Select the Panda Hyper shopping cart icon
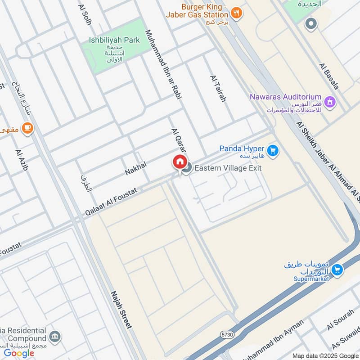(272, 150)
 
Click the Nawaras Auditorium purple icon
(331, 102)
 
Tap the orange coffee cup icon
(27, 128)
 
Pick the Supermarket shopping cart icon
(336, 270)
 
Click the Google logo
(19, 353)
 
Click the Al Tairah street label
(218, 88)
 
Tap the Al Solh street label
(85, 15)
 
